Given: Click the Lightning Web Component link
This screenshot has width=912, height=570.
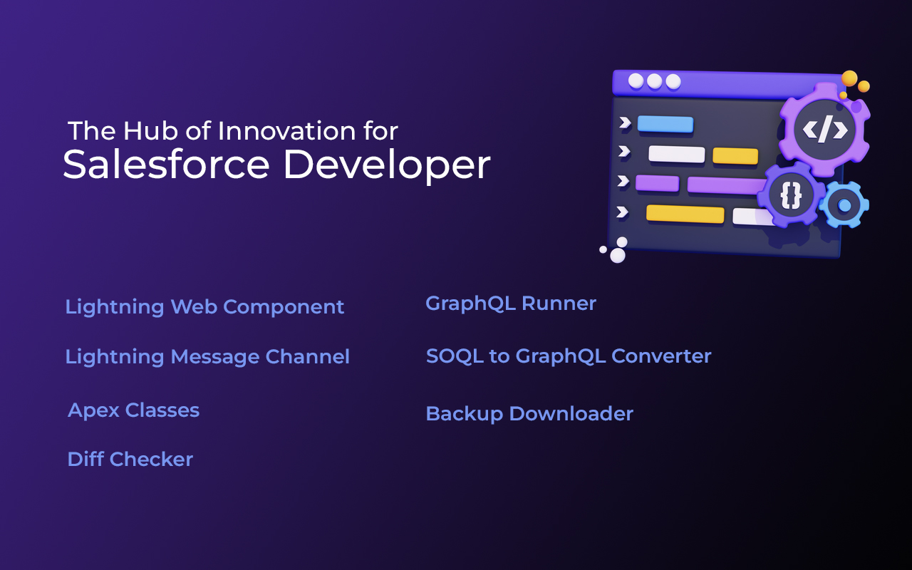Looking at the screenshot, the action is tap(204, 307).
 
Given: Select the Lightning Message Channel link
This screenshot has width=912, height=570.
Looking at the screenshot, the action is tap(207, 357).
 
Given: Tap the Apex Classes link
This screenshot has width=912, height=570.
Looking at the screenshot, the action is tap(133, 410).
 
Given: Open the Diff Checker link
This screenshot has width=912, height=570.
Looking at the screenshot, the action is tap(130, 460).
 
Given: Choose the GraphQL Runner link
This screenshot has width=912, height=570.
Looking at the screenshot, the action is tap(511, 304).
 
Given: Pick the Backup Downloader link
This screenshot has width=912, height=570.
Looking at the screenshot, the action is tap(529, 415).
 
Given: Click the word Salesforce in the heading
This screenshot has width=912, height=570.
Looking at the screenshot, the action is tap(166, 164).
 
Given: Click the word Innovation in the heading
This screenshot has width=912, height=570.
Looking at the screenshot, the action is tap(286, 131).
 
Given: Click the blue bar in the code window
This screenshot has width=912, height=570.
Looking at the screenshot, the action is tap(665, 124).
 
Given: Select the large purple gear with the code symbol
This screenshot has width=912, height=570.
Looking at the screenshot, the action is tap(825, 130).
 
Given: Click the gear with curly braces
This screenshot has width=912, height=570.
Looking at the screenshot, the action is tap(791, 196).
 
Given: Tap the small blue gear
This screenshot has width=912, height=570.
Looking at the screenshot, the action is tap(844, 205).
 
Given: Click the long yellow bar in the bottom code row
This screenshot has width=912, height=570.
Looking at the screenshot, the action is tap(685, 214).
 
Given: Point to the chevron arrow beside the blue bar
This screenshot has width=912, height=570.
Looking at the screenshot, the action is tap(625, 123).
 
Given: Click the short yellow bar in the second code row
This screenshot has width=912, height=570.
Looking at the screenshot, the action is tap(735, 156).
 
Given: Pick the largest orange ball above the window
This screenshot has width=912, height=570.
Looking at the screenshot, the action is tap(849, 78).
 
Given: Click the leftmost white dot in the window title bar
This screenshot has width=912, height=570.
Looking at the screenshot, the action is tap(636, 81).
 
